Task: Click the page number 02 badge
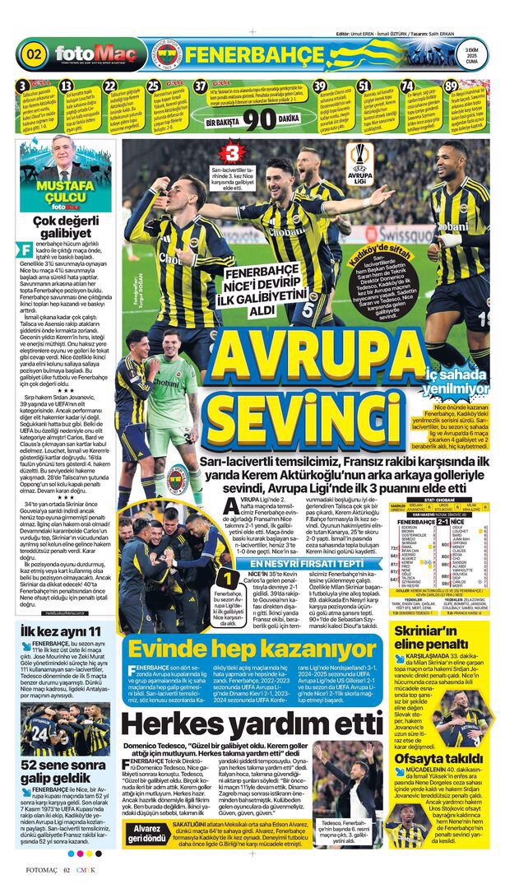coord(35,55)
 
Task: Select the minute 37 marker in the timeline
coord(201,86)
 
